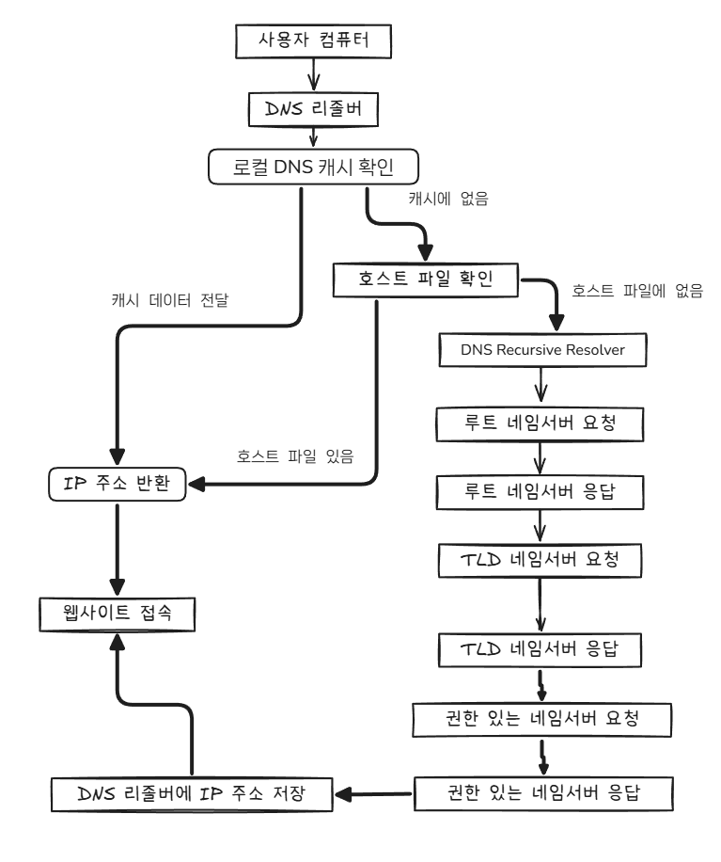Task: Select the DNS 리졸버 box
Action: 311,109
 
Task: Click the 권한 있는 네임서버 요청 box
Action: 543,720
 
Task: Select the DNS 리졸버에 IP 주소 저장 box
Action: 192,792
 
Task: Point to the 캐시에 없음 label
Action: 448,200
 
